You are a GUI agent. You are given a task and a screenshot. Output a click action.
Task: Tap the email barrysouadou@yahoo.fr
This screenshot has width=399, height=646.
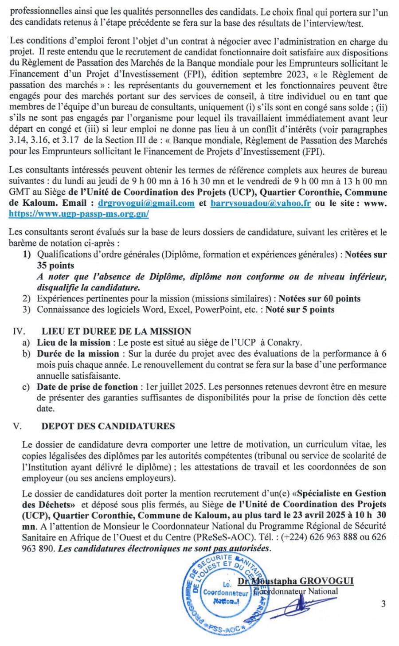(261, 203)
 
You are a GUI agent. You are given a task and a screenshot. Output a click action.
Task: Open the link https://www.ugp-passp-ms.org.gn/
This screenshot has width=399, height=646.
(78, 214)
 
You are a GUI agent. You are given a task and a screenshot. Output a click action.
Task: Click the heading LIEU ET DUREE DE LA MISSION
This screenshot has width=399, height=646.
(116, 331)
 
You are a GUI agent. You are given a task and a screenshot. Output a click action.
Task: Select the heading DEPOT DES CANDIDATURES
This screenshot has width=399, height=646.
(108, 426)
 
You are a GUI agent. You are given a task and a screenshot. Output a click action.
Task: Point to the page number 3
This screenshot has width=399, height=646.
(383, 603)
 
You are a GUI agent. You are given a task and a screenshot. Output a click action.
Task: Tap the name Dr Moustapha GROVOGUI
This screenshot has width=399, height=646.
(296, 581)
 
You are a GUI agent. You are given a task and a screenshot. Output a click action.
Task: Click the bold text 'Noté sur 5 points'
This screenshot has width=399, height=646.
(300, 309)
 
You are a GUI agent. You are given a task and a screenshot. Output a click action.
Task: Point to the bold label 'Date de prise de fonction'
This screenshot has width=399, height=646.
(87, 387)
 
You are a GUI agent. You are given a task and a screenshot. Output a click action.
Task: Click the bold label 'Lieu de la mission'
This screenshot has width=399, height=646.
(74, 342)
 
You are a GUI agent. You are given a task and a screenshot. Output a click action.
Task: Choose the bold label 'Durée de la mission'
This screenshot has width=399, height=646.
(78, 353)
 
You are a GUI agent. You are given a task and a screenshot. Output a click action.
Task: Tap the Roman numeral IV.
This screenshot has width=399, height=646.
(19, 331)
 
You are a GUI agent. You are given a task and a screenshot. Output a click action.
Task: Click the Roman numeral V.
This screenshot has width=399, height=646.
(17, 426)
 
